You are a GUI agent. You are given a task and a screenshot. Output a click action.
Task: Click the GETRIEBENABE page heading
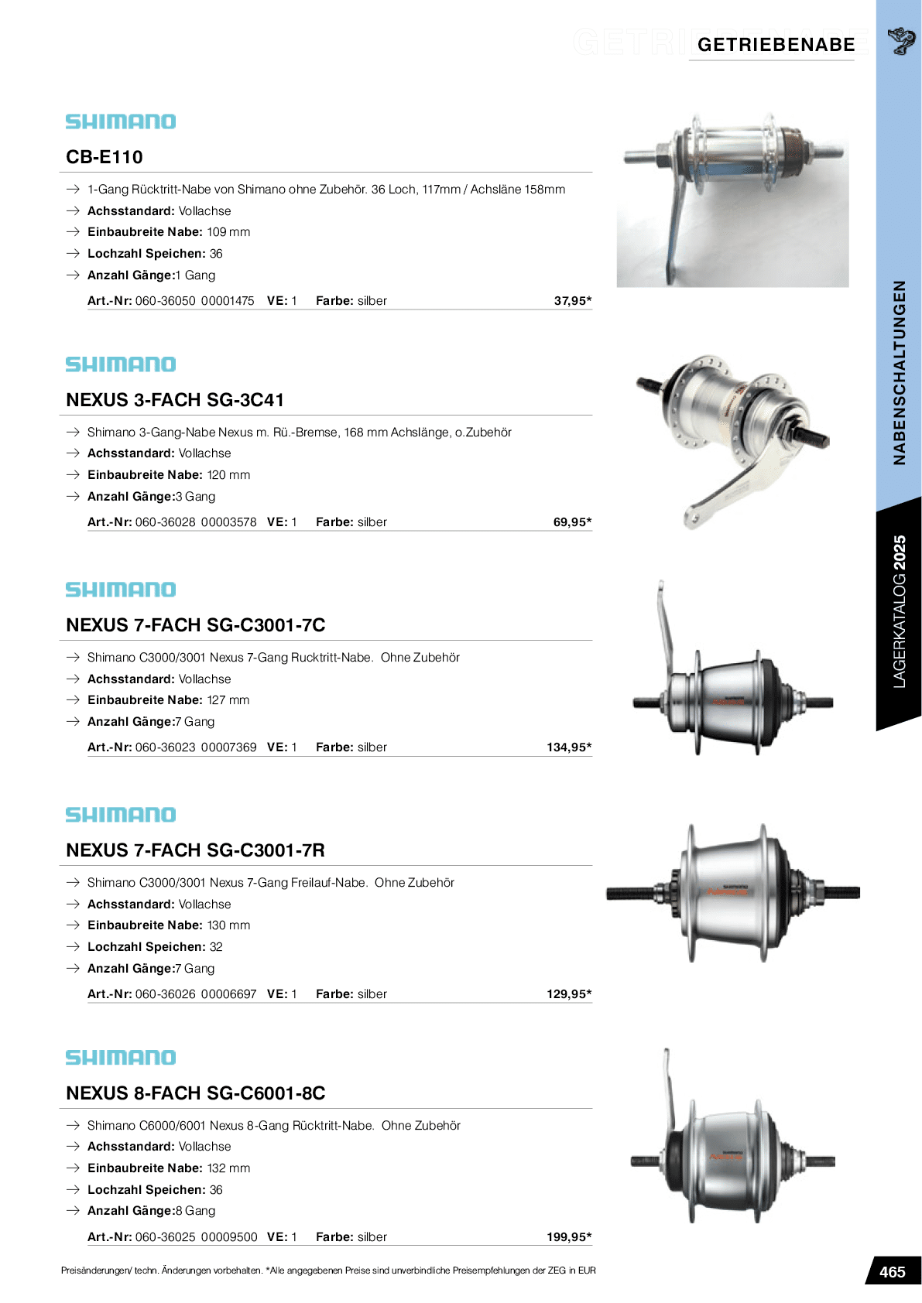tap(776, 45)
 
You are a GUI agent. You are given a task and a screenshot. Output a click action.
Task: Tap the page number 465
tap(892, 1272)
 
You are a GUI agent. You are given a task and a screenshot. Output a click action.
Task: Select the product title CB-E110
tap(105, 157)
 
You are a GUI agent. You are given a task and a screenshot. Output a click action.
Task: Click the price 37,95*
tap(572, 301)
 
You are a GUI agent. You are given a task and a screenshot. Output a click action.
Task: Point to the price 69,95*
tap(572, 522)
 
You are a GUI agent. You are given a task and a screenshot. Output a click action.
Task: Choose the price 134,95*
tap(569, 747)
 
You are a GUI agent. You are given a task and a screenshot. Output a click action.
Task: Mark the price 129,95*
tap(569, 994)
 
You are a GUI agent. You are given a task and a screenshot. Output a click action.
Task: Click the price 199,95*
tap(569, 1237)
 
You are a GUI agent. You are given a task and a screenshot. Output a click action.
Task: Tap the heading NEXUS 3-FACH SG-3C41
tap(175, 400)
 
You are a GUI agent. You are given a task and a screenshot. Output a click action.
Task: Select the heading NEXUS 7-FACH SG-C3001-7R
tap(195, 850)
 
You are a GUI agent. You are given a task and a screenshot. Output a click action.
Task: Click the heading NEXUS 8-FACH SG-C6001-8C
tap(195, 1093)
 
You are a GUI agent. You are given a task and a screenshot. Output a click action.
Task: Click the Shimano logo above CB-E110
tap(121, 121)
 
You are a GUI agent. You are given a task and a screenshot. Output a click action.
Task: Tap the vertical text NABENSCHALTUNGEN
tap(899, 372)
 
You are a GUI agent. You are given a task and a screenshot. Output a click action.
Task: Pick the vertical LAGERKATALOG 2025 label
tap(899, 611)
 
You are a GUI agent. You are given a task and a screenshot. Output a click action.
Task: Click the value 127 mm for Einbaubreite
tap(228, 700)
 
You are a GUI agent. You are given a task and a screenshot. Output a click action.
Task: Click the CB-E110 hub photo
tap(732, 200)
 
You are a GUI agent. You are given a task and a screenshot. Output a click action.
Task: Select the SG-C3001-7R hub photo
tap(732, 893)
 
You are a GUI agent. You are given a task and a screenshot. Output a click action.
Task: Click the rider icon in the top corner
tap(900, 40)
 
